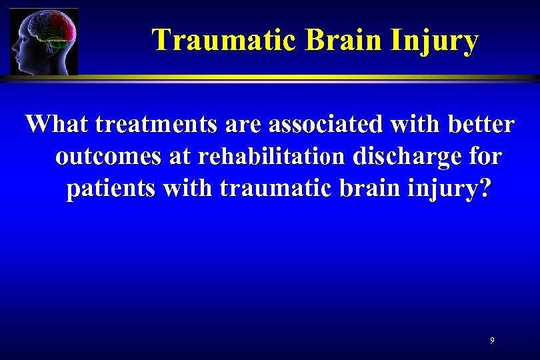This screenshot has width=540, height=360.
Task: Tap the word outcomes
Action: click(x=107, y=157)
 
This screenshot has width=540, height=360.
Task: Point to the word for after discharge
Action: click(x=483, y=157)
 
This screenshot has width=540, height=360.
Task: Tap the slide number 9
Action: click(x=492, y=341)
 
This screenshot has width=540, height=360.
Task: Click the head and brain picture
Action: click(x=44, y=41)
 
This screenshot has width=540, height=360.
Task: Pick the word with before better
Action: click(x=406, y=125)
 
